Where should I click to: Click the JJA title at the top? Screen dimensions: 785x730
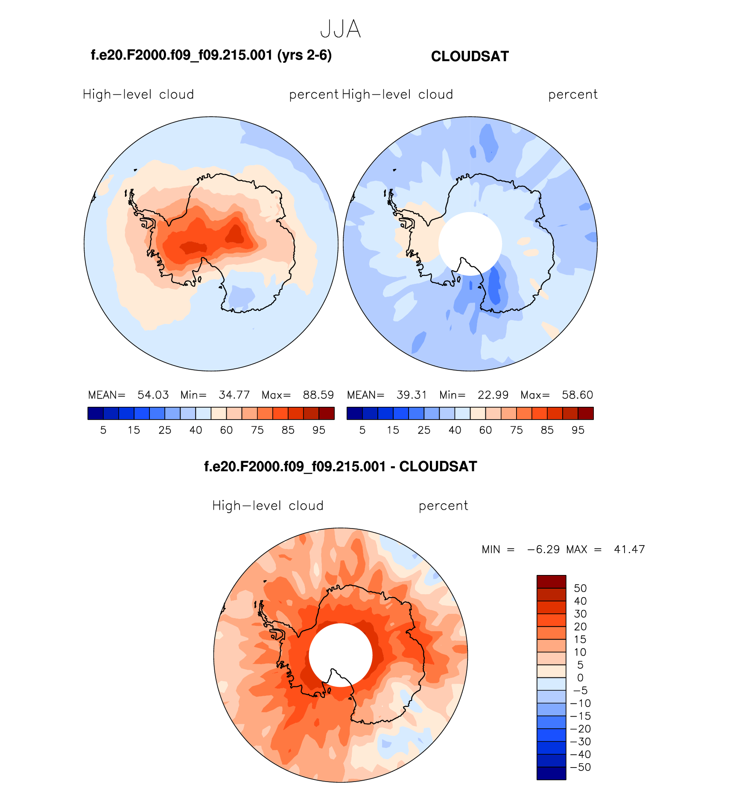pyautogui.click(x=340, y=29)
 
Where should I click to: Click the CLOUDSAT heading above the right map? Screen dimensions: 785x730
pyautogui.click(x=470, y=56)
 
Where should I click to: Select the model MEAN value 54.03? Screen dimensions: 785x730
pyautogui.click(x=153, y=395)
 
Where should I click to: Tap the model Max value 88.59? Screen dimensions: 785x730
pyautogui.click(x=318, y=395)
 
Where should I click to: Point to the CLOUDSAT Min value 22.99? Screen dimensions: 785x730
pyautogui.click(x=493, y=395)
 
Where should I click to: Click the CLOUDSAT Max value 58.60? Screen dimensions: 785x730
pyautogui.click(x=577, y=395)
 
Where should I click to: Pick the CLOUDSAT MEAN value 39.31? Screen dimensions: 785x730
pyautogui.click(x=412, y=395)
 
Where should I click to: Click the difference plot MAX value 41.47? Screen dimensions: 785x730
pyautogui.click(x=629, y=549)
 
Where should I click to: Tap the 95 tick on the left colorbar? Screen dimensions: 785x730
pyautogui.click(x=319, y=430)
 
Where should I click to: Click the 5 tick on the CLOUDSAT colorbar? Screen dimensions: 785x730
pyautogui.click(x=362, y=430)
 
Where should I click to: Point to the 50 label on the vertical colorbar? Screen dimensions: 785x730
pyautogui.click(x=580, y=588)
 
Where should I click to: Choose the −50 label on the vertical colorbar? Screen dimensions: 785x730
pyautogui.click(x=581, y=767)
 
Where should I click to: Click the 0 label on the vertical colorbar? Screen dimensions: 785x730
pyautogui.click(x=580, y=678)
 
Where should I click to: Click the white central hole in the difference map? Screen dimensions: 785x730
pyautogui.click(x=340, y=654)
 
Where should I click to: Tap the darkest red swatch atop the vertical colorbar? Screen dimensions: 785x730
pyautogui.click(x=551, y=581)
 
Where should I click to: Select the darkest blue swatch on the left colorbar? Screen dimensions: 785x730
pyautogui.click(x=95, y=413)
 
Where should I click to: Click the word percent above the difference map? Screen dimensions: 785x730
pyautogui.click(x=443, y=506)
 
